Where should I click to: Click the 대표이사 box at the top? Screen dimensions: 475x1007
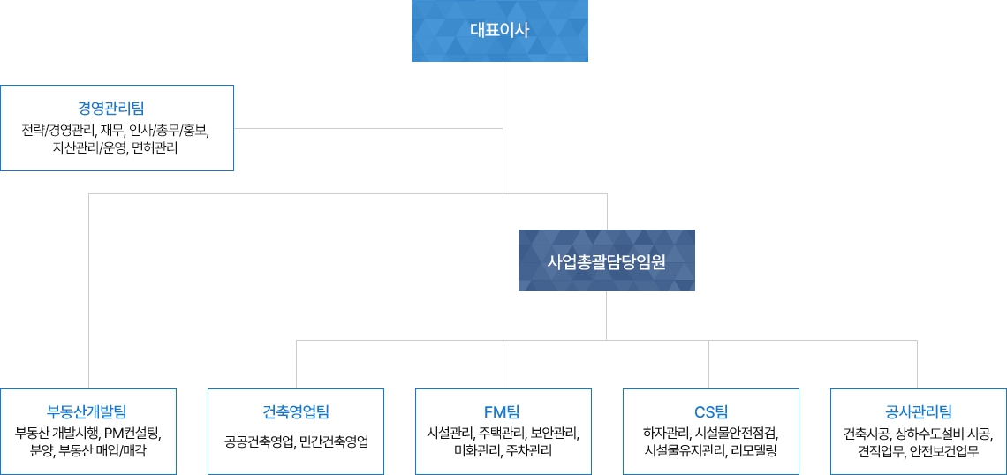[x=499, y=31]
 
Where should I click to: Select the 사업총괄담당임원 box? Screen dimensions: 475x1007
[x=606, y=261]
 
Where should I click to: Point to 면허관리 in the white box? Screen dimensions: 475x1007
[x=155, y=148]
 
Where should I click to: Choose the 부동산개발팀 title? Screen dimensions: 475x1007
[x=87, y=411]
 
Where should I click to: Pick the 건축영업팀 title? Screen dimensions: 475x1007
[x=295, y=411]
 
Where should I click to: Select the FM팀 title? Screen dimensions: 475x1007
[x=502, y=411]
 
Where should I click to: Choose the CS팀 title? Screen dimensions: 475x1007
[x=710, y=411]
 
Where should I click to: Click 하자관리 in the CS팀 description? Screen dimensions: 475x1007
[x=666, y=433]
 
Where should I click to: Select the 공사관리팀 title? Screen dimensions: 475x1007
[x=918, y=411]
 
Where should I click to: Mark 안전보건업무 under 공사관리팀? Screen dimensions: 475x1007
[x=944, y=450]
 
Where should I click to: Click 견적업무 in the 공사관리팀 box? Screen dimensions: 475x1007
[x=878, y=450]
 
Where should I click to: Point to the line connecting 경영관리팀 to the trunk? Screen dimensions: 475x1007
[x=367, y=128]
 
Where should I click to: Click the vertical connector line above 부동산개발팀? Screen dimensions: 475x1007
[x=88, y=291]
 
